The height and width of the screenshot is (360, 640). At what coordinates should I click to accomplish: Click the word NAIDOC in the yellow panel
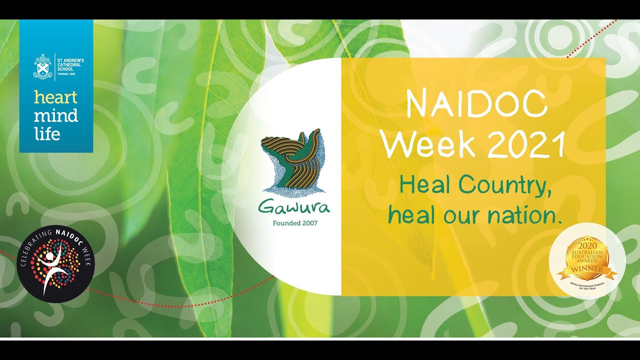[476, 105]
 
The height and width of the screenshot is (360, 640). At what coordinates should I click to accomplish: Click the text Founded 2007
[294, 223]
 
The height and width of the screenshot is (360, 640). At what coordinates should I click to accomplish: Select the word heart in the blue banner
[55, 97]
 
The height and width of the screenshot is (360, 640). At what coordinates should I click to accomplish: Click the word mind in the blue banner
[55, 115]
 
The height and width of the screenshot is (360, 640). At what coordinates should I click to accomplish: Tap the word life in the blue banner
[47, 133]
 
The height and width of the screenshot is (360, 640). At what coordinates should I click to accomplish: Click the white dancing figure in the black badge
[51, 268]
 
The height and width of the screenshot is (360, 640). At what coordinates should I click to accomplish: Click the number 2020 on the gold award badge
[587, 246]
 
